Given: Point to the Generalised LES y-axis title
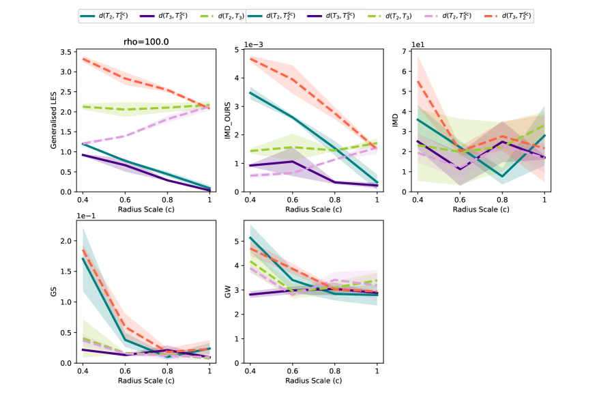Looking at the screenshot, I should (53, 120).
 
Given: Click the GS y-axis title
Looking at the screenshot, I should (53, 291).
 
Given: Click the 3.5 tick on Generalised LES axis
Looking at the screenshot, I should (67, 52).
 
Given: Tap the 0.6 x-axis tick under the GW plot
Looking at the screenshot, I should (292, 370).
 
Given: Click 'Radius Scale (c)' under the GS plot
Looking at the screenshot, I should (146, 380).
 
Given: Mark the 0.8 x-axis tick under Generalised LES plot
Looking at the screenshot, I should (167, 199).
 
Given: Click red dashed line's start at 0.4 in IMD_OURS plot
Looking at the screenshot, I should (250, 59).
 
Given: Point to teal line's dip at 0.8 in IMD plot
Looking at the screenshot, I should (502, 176).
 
